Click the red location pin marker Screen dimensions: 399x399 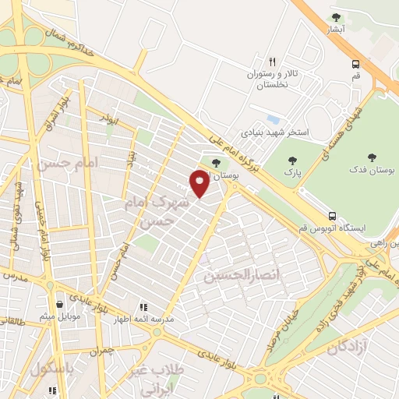[199, 182]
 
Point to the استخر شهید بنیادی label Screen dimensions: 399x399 [274, 133]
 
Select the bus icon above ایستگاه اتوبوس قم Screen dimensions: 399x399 [333, 215]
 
